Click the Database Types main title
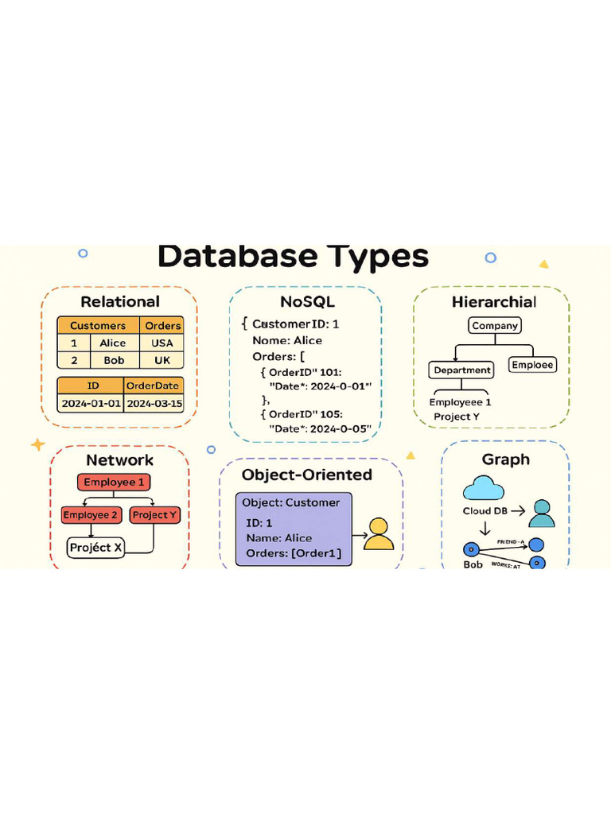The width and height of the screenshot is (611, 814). point(293,257)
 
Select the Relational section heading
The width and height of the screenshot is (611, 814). point(120,302)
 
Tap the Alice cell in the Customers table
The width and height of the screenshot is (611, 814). point(112,343)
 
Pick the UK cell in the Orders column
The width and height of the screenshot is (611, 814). point(162,360)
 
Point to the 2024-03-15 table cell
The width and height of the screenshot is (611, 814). point(154,403)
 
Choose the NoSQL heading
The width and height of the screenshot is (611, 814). point(307,302)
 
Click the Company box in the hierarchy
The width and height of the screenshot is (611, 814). point(495,325)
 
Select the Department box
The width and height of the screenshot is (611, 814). point(462,370)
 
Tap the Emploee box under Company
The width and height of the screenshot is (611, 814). point(532,365)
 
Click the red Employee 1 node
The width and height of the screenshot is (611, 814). point(114,483)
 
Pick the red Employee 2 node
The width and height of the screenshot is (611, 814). point(91,515)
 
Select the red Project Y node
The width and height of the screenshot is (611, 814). point(155,515)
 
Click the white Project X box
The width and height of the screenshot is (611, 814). point(95,548)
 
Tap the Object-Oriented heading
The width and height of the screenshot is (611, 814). point(307,475)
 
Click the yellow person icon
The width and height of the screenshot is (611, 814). point(379,534)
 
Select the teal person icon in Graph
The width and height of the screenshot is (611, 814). point(542,514)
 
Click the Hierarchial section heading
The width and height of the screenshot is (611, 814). point(494,302)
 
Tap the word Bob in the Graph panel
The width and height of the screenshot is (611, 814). point(473,564)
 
